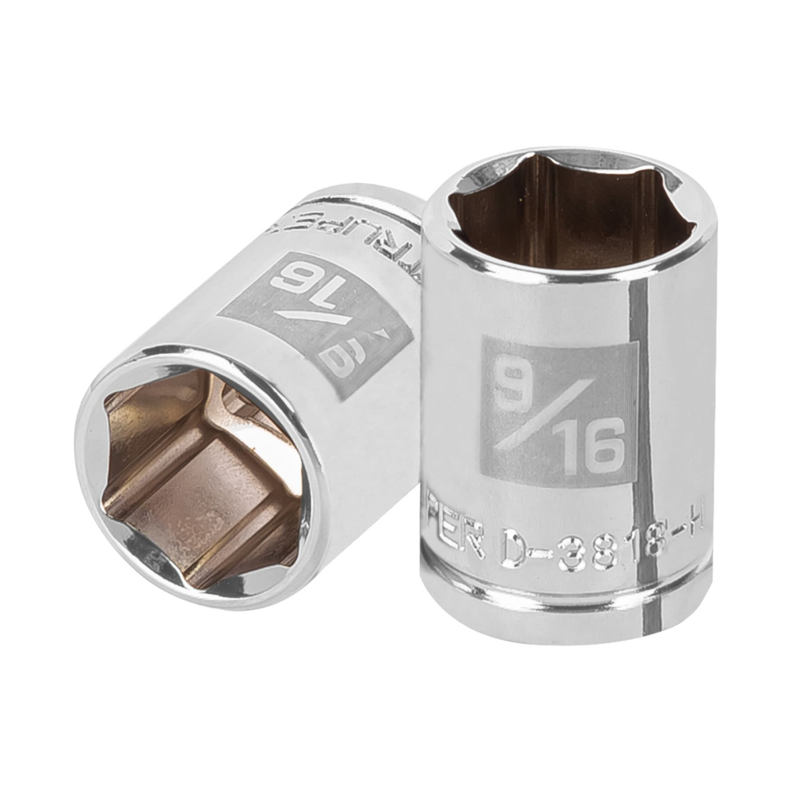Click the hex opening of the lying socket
[x=198, y=475]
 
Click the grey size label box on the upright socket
[x=554, y=408]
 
